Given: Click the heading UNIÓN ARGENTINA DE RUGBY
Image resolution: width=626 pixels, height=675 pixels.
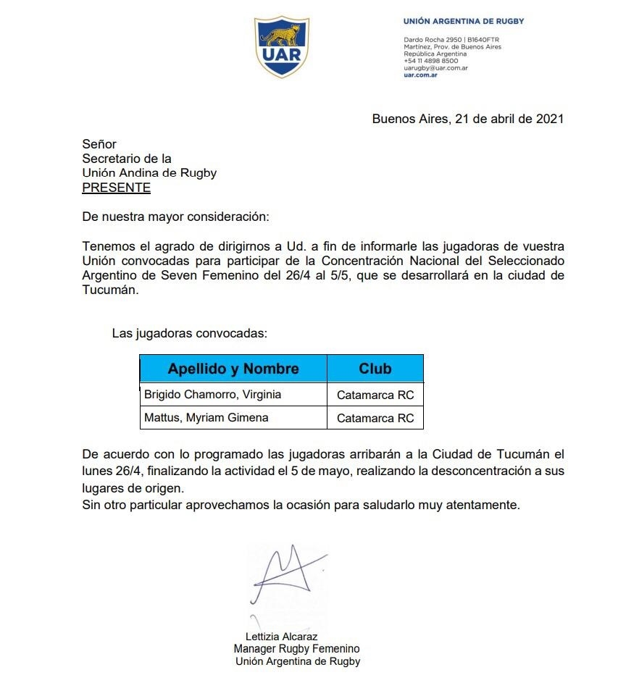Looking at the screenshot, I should (x=463, y=21).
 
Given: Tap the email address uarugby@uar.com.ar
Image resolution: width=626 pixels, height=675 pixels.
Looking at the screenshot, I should (x=435, y=67).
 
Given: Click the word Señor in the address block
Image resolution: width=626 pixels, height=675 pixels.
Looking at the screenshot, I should (x=99, y=144).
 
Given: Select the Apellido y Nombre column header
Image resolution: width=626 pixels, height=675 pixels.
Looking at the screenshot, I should (x=233, y=369).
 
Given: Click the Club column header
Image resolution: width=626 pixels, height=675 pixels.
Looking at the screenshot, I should (x=375, y=369).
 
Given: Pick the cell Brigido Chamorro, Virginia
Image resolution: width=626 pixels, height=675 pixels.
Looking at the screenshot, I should (x=212, y=395).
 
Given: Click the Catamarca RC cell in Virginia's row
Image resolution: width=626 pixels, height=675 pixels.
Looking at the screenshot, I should (x=375, y=395).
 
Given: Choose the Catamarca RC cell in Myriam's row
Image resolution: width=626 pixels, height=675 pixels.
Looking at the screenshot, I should (x=375, y=418).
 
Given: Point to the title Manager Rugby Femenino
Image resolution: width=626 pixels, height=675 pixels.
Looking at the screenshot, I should (x=296, y=649).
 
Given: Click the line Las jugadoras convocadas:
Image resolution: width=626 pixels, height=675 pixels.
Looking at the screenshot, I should (x=190, y=334).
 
